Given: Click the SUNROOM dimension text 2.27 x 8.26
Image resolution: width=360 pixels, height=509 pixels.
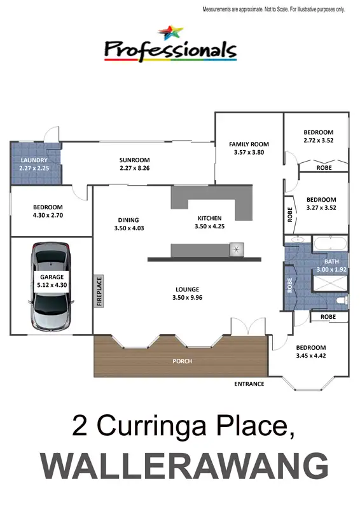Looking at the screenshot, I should coord(134,168).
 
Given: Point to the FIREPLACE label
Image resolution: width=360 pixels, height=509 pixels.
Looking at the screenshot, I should coord(99,291).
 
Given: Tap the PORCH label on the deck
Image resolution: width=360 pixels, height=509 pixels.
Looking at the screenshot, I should coord(183,361).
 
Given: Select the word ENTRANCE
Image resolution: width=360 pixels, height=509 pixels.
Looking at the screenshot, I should coord(249,384).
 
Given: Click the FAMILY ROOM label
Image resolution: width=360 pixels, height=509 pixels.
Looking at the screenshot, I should coord(249,144).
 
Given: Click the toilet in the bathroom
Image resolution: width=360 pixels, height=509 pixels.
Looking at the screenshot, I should coord(341,300).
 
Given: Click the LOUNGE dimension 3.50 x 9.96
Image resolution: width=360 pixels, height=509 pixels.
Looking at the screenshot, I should coord(188,297).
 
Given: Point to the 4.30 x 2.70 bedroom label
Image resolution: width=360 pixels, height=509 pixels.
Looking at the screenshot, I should coord(48,215).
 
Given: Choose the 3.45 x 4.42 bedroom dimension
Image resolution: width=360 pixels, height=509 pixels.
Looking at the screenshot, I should coord(312,356).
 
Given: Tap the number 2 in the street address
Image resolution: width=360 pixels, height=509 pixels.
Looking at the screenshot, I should coord(80,424).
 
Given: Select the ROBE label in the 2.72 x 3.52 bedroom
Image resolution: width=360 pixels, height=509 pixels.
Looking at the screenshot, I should coord(324,168).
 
